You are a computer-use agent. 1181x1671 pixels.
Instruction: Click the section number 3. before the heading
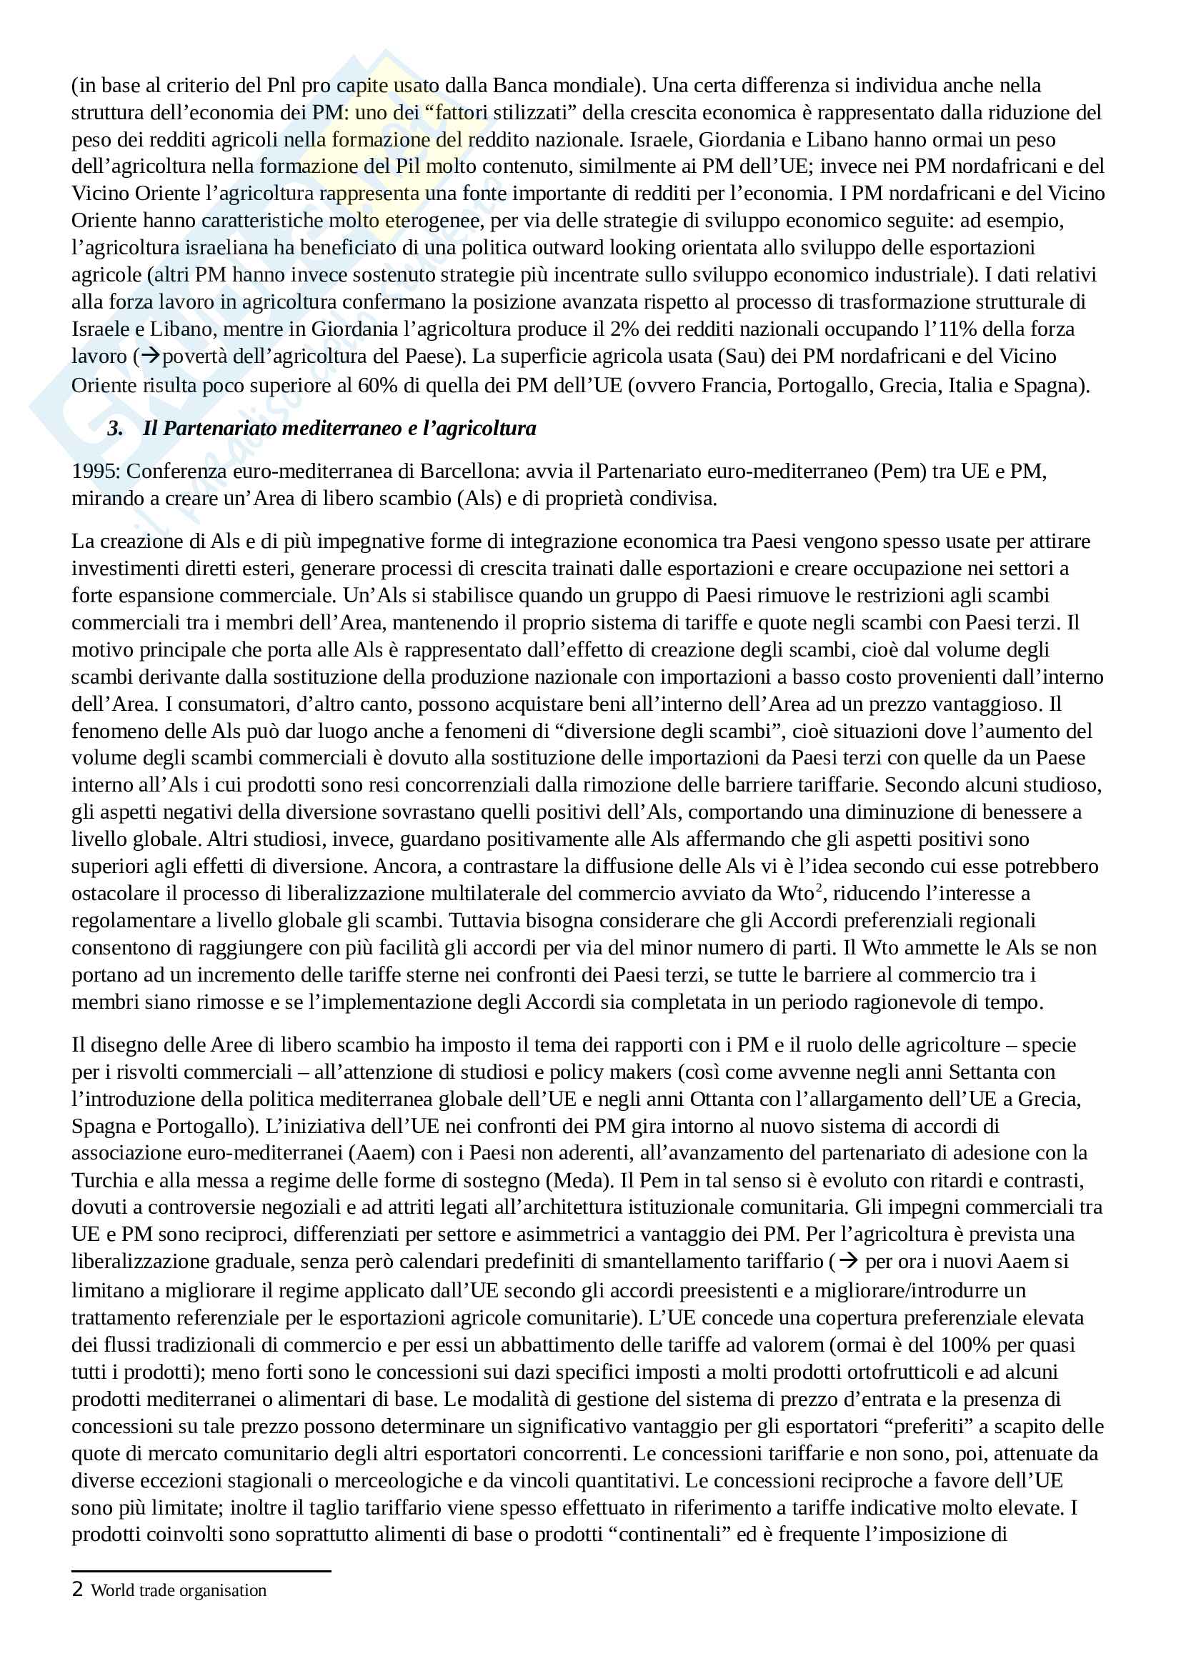coord(115,428)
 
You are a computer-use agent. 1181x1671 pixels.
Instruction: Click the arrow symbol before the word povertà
coord(150,356)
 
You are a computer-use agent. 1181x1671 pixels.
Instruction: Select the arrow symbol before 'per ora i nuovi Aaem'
coord(848,1261)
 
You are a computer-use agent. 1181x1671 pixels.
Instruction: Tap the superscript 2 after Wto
coord(819,887)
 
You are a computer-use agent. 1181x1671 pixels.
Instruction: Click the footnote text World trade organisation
coord(179,1590)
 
